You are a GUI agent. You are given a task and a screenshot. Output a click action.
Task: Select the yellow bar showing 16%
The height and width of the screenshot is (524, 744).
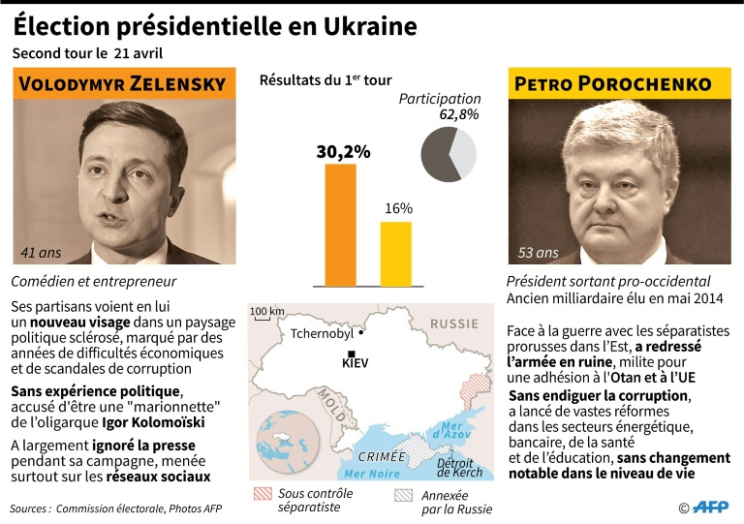click(x=395, y=254)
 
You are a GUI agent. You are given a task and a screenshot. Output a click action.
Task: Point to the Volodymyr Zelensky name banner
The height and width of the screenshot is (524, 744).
click(x=123, y=84)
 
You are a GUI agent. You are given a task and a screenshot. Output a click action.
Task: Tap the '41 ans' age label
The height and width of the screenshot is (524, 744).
click(x=41, y=253)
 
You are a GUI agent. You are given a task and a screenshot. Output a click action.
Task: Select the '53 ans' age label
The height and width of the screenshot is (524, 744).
click(x=539, y=253)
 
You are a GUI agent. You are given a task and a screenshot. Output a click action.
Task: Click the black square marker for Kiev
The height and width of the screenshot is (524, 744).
click(x=354, y=354)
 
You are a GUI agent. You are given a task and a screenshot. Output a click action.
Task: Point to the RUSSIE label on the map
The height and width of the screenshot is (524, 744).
click(x=454, y=324)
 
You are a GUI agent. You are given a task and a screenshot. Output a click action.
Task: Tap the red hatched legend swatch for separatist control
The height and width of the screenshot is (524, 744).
click(x=263, y=494)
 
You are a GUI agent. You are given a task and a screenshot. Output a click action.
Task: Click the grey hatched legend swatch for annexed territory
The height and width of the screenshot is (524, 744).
click(x=403, y=494)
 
